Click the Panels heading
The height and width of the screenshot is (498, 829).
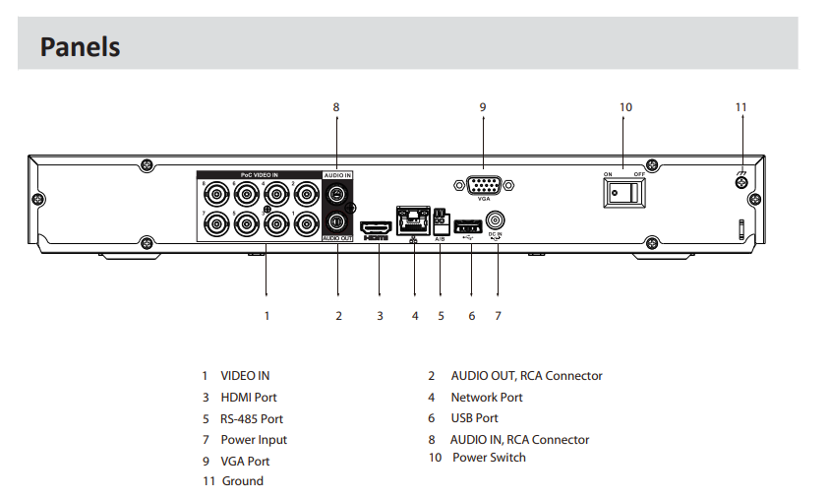point(80,46)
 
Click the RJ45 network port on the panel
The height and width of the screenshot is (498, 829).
point(411,219)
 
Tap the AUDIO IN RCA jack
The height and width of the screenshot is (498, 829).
point(337,194)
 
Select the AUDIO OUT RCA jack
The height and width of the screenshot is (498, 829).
point(337,220)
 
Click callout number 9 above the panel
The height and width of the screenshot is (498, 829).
point(483,107)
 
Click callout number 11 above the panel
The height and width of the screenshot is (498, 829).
point(741,107)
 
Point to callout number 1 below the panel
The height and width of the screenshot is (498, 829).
point(266,316)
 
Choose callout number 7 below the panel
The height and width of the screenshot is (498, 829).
point(498,316)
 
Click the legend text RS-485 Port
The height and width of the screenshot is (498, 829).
point(252,418)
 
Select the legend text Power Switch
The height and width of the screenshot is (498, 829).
point(489,458)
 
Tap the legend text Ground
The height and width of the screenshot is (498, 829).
point(242,481)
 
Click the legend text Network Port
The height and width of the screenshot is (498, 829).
point(487,398)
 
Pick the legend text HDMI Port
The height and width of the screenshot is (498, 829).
point(249,398)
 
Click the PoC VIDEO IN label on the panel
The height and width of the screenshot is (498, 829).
point(260,174)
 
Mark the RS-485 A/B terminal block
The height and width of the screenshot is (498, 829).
point(439,221)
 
